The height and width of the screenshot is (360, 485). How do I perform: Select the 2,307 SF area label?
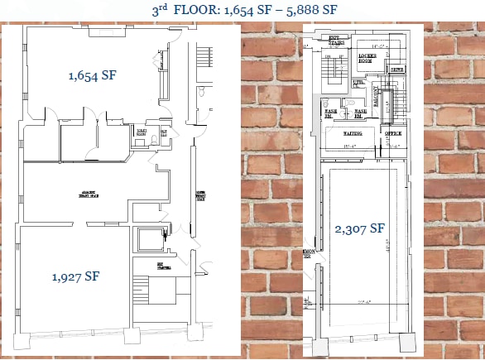click(x=360, y=228)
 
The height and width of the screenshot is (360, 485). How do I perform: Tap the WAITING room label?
click(x=356, y=132)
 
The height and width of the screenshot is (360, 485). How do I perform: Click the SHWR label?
click(x=398, y=70)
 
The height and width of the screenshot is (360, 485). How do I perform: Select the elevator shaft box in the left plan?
click(x=151, y=242)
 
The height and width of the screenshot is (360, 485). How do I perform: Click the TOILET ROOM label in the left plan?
click(x=141, y=132)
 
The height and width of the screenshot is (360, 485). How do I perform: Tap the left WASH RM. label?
click(x=329, y=113)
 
